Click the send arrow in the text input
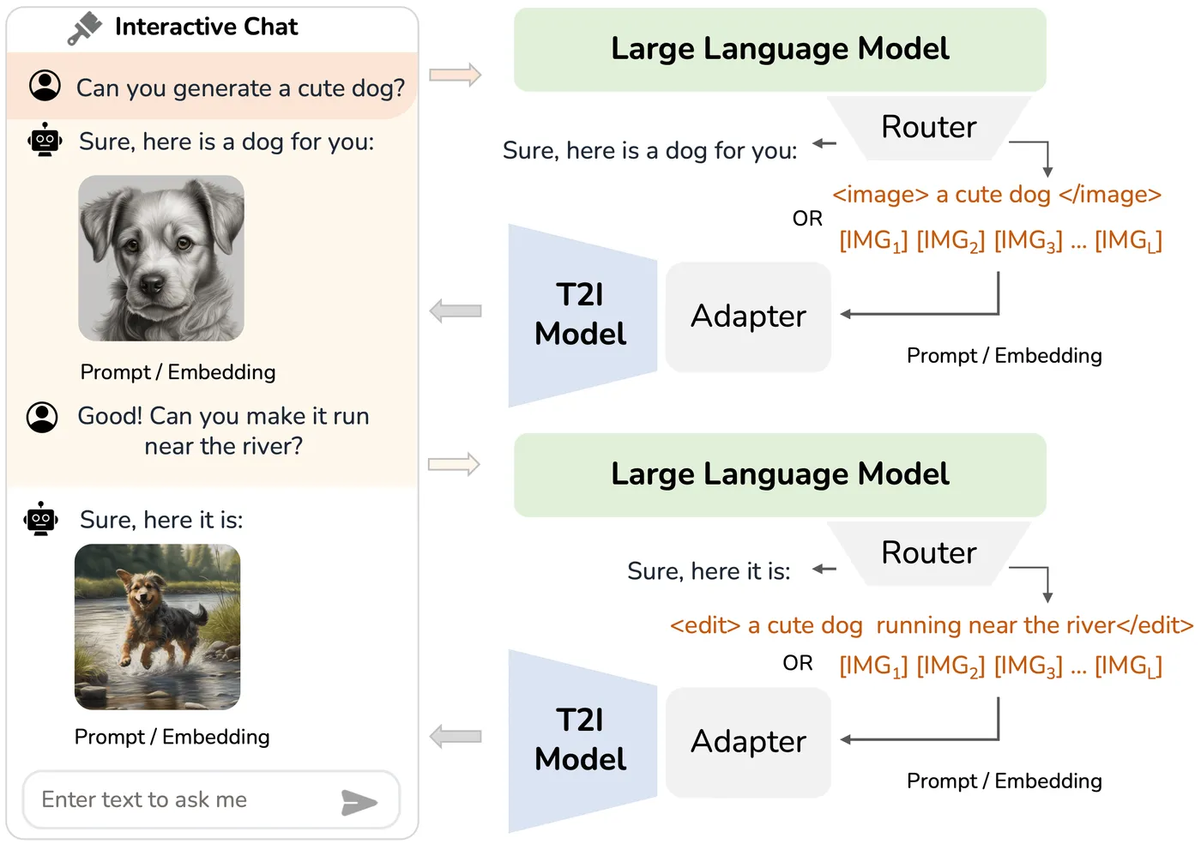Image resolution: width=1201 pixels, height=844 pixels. tap(359, 802)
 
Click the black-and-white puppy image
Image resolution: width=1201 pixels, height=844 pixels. tap(161, 258)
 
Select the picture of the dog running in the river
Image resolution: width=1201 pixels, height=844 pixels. tap(157, 627)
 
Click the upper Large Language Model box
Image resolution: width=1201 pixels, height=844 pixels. tap(780, 50)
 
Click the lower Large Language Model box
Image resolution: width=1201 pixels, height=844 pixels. tap(780, 475)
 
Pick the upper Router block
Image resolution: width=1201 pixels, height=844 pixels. tap(928, 128)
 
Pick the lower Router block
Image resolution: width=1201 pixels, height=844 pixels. tap(928, 553)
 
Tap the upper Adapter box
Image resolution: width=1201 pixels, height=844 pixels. tap(748, 316)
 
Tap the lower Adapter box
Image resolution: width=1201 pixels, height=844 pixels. tap(748, 742)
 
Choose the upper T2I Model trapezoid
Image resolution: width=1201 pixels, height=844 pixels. tap(582, 315)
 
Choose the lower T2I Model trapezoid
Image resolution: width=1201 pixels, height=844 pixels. tap(582, 740)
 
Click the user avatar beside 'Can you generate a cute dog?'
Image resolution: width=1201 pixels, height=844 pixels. tap(45, 86)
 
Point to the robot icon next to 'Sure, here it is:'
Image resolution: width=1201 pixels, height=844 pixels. tap(41, 519)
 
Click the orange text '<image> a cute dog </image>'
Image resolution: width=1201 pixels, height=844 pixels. tap(997, 195)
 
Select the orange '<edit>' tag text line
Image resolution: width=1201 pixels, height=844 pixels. tap(932, 625)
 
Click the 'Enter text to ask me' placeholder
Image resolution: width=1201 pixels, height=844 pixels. tap(144, 800)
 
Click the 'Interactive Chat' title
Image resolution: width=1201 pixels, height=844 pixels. tap(206, 27)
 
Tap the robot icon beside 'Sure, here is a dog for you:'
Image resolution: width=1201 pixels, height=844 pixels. tap(45, 140)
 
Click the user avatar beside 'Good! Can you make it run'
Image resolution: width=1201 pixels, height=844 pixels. tap(42, 417)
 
